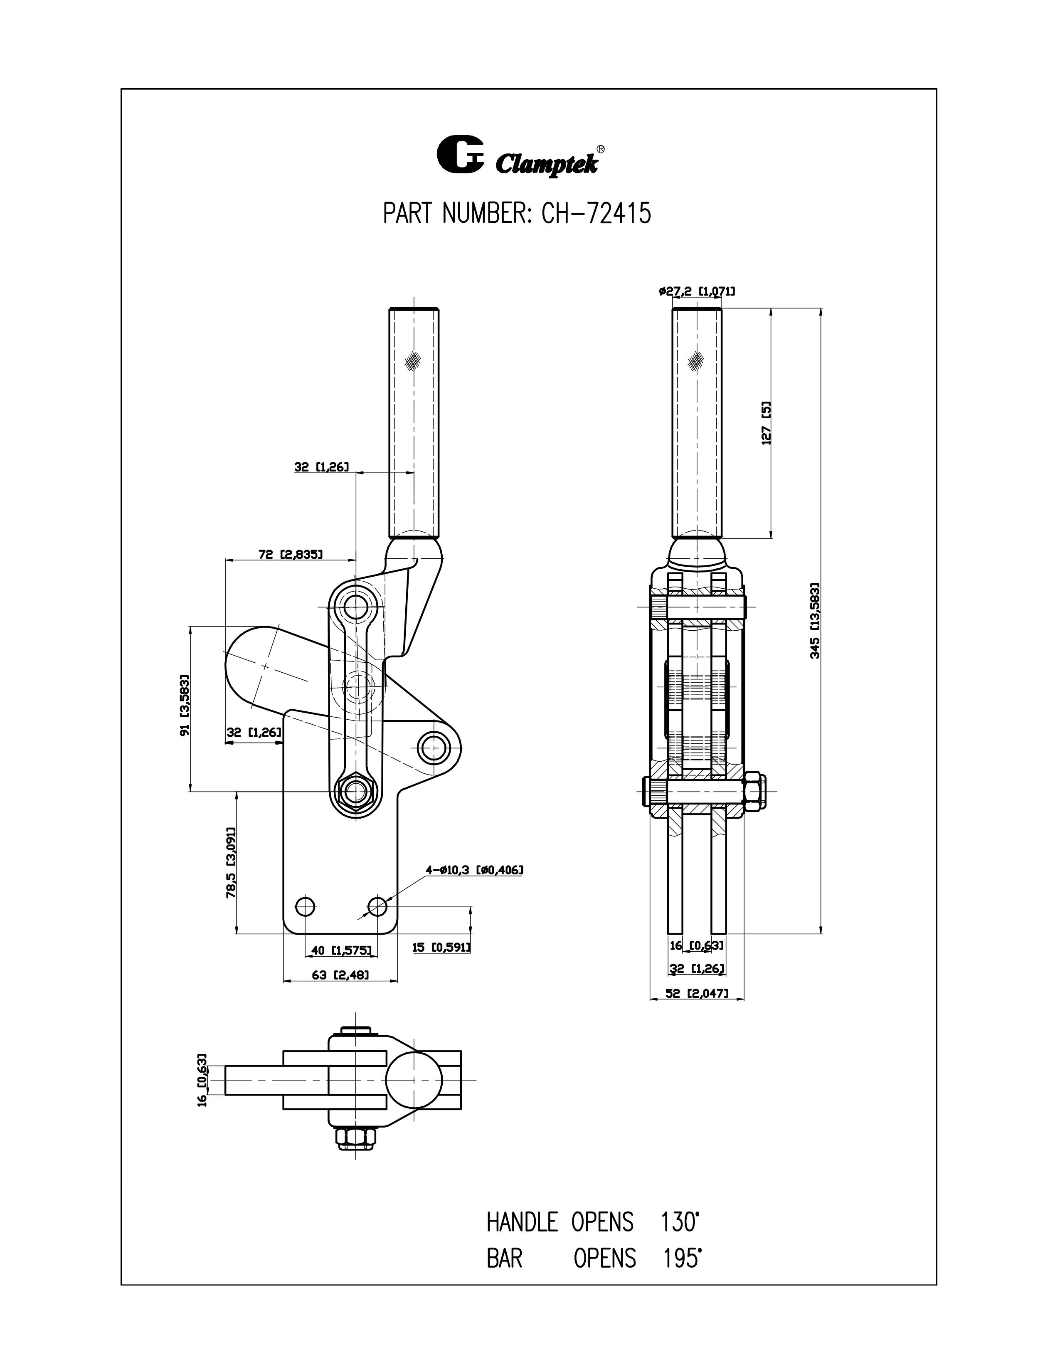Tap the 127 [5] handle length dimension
pos(766,423)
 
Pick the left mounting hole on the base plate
pos(305,906)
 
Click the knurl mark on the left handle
pos(413,360)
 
